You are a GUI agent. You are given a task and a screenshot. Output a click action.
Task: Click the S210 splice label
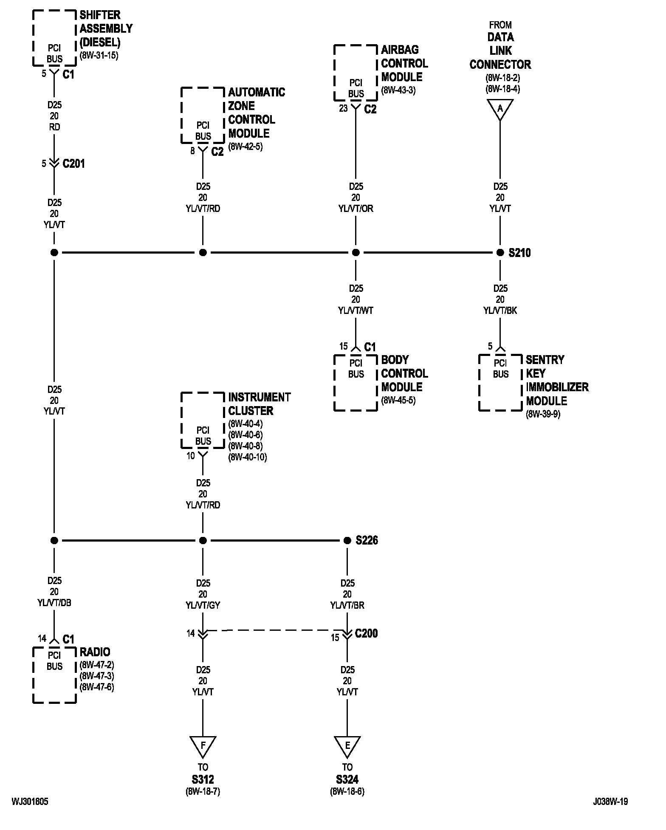(519, 253)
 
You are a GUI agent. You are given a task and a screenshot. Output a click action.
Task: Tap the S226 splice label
(367, 540)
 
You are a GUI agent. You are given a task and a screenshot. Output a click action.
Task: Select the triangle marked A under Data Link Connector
(500, 109)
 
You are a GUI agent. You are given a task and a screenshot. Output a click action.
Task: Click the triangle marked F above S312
(203, 745)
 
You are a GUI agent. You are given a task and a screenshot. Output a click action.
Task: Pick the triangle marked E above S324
(347, 745)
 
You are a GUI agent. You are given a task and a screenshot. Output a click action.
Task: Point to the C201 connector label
(73, 164)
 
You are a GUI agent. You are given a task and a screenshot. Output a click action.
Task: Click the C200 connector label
(366, 633)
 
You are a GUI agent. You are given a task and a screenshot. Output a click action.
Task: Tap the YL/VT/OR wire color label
(356, 209)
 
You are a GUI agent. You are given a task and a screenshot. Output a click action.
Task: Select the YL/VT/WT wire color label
(356, 311)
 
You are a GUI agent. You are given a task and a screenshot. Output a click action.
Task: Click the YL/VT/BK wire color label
(500, 311)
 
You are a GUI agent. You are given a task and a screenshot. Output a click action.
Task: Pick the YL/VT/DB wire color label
(54, 603)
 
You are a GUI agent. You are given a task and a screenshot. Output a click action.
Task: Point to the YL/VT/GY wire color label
(203, 605)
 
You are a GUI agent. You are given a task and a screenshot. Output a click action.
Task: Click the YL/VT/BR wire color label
(347, 605)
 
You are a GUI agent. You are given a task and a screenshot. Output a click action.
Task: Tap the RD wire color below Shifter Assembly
(54, 127)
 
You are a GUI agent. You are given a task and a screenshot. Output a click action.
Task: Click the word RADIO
(95, 652)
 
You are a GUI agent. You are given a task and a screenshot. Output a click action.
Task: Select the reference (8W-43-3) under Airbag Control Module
(398, 90)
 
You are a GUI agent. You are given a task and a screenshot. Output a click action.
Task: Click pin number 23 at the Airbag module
(343, 109)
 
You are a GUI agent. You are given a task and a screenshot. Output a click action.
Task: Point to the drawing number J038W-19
(610, 802)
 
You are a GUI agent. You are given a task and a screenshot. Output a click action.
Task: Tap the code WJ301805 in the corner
(30, 802)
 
